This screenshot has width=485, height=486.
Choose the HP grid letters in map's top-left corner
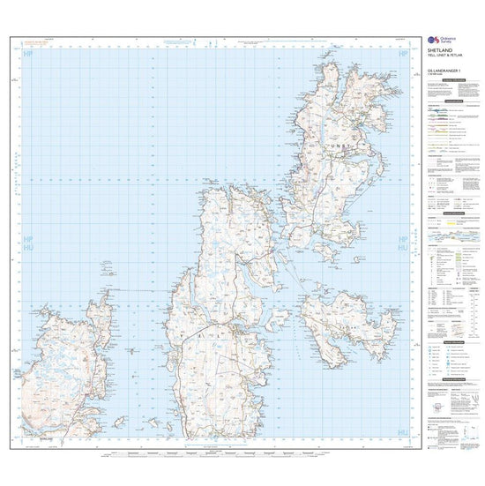30,55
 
